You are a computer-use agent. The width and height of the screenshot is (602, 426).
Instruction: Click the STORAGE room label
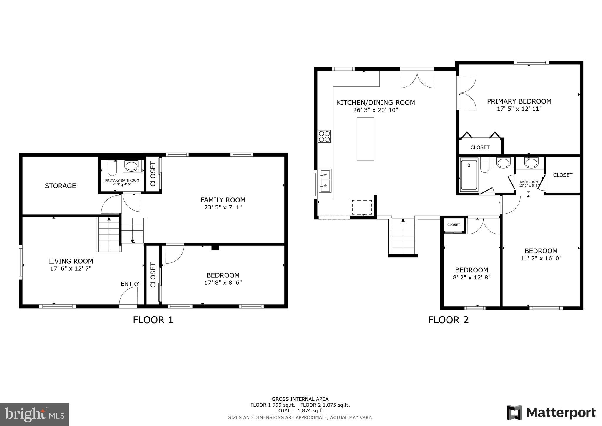[60, 186]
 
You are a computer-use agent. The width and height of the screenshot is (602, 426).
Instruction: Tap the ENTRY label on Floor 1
[130, 284]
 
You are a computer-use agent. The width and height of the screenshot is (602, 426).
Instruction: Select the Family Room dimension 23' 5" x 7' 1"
[223, 207]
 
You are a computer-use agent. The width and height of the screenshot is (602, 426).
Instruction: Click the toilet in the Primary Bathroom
[112, 168]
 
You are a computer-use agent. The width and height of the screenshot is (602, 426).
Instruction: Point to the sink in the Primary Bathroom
[131, 166]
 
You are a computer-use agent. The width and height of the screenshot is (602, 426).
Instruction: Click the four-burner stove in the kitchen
[324, 136]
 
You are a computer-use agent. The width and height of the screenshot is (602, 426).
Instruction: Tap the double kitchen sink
[325, 180]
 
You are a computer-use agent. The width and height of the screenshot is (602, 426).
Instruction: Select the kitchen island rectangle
[365, 139]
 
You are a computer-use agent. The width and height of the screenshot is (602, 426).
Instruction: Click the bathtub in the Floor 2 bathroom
[469, 174]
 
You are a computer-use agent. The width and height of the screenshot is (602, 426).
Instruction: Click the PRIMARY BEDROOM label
[519, 101]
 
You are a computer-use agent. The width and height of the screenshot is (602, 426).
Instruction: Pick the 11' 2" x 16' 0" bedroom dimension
[541, 258]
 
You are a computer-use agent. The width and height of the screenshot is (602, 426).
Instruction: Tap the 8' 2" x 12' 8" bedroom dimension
[471, 277]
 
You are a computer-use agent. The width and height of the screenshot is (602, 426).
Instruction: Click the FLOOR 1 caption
[153, 320]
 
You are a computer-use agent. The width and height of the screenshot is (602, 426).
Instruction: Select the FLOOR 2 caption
[448, 320]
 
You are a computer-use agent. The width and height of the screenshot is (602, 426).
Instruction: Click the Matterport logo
[551, 413]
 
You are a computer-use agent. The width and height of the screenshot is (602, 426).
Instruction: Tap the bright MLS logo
[34, 415]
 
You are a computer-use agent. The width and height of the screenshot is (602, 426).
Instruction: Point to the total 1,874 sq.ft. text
[300, 411]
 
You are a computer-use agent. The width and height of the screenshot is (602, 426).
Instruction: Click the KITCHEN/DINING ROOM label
[375, 103]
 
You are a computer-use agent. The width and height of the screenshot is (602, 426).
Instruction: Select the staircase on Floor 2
[403, 237]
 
